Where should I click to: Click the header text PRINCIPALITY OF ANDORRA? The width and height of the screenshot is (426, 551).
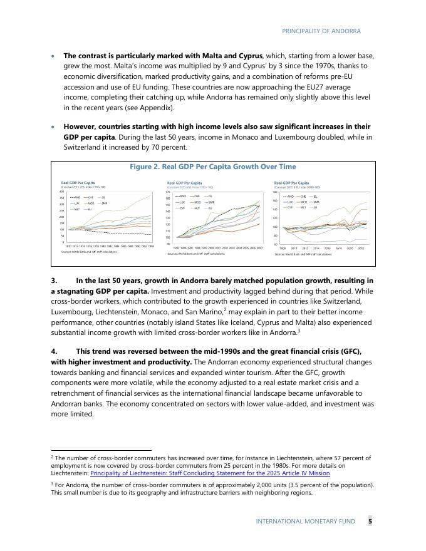[x=321, y=31]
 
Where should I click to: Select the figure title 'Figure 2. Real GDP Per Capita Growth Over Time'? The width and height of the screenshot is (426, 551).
[x=213, y=167]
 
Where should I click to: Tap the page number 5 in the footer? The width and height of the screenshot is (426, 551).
[x=370, y=521]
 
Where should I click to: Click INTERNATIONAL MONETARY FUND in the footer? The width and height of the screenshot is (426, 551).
[x=305, y=521]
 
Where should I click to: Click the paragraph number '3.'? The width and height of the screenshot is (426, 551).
[x=55, y=281]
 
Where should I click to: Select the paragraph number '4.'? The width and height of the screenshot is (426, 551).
[x=55, y=351]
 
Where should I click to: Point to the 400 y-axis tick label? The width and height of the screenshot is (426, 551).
[x=62, y=192]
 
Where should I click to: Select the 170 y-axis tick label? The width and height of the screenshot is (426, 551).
[x=168, y=192]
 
